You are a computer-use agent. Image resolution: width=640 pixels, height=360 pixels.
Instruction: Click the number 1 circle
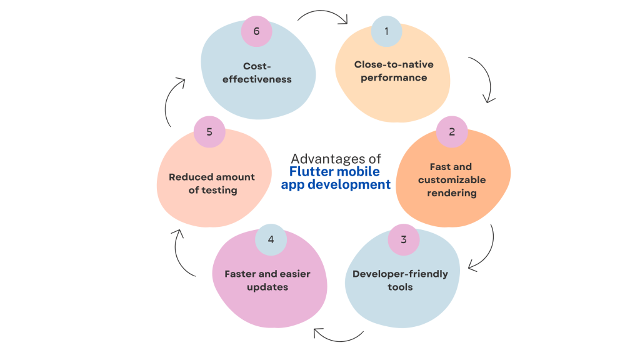(386, 31)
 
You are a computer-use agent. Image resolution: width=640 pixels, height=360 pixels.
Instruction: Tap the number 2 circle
(451, 132)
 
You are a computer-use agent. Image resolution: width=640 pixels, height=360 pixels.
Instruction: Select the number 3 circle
(403, 239)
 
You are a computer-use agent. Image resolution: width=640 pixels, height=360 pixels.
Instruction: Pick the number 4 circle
(271, 239)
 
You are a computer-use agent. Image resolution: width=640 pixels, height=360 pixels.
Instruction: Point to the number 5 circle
(209, 132)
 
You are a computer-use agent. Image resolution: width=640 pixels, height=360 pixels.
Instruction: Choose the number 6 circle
(256, 31)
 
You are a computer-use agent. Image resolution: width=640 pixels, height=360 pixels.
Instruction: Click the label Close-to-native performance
(394, 71)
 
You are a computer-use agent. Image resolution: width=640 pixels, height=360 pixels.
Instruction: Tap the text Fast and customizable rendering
(452, 180)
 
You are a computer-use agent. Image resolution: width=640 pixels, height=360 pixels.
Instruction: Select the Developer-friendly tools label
(400, 280)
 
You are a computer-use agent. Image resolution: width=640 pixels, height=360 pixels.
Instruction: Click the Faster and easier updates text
(267, 280)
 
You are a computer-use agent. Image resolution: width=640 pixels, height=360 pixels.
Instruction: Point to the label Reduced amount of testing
(212, 183)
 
